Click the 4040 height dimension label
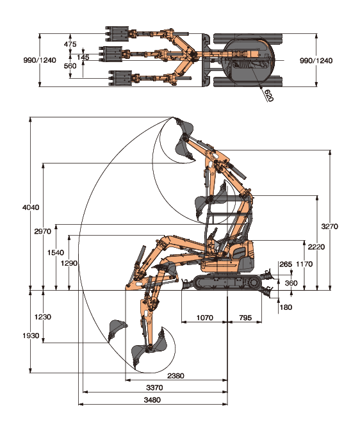(31, 207)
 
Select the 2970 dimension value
(43, 231)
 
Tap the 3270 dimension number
(330, 226)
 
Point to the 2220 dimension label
(316, 247)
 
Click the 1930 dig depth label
(31, 336)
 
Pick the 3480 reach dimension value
(152, 400)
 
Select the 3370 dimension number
(154, 387)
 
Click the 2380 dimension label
(176, 376)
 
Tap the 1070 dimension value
(205, 318)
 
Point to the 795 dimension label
(245, 318)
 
